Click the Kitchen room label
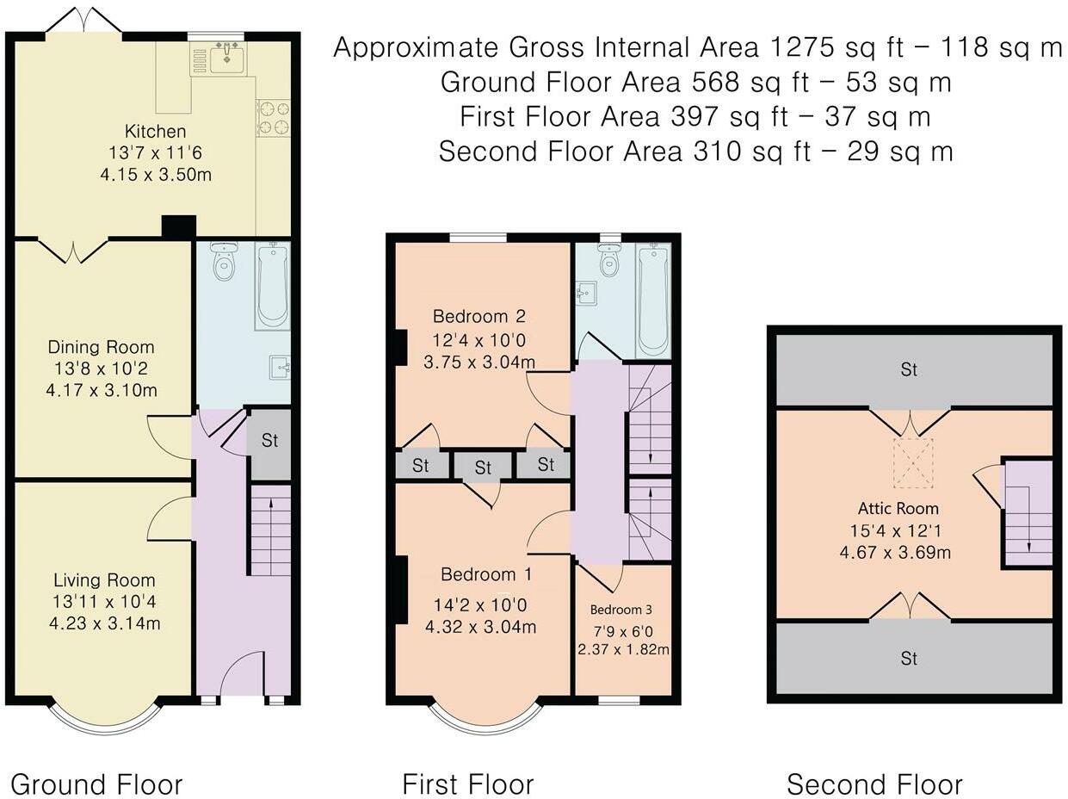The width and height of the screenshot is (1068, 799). click(155, 132)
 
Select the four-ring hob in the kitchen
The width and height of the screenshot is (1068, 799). click(274, 118)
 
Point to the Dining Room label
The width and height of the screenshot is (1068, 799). click(102, 347)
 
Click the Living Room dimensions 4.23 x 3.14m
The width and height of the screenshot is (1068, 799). click(105, 623)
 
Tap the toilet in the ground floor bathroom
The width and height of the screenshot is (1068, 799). click(224, 262)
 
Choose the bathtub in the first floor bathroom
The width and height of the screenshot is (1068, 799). click(653, 300)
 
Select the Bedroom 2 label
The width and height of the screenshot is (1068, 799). click(479, 316)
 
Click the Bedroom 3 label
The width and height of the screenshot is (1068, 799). click(620, 610)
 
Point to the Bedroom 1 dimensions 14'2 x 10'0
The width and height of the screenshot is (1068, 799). click(480, 604)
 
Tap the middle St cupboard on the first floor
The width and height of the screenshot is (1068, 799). click(483, 468)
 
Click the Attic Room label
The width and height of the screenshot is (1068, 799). click(898, 509)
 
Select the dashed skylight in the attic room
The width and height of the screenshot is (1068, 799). click(913, 462)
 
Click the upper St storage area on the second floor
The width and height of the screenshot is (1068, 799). click(910, 370)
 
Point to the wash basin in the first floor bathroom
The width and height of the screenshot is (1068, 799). click(586, 293)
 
